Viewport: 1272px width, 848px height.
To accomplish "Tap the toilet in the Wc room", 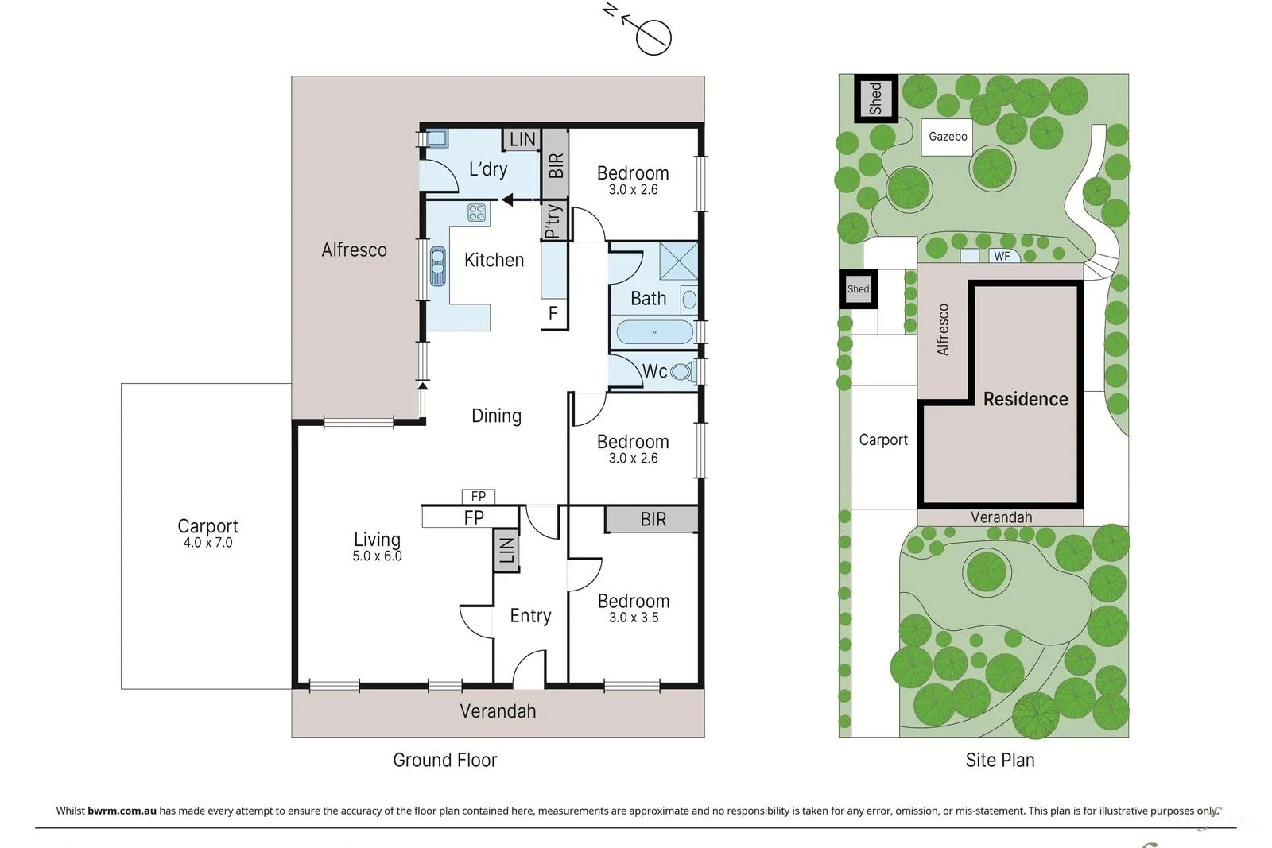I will click(681, 371).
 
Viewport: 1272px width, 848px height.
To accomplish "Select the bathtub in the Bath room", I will click(654, 331).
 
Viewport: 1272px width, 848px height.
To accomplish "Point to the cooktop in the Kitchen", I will click(476, 212).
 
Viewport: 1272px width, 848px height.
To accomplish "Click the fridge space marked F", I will click(553, 314).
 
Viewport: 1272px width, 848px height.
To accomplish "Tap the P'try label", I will click(553, 221).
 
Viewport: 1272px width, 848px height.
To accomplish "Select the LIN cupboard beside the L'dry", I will click(522, 140).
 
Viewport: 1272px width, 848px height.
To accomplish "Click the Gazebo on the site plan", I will click(948, 137).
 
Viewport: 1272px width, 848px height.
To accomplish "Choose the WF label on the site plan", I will click(1002, 256).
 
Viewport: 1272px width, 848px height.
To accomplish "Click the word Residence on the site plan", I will click(1026, 399).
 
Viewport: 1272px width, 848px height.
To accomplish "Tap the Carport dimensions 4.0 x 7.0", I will click(207, 543).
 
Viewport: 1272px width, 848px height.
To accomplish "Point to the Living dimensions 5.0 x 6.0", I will click(377, 556).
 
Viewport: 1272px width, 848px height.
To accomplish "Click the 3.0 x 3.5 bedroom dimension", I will click(634, 618).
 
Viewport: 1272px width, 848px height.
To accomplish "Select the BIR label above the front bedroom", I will click(653, 519).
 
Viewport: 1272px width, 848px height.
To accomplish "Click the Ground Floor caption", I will click(444, 760).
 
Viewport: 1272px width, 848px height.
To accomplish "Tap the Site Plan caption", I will click(999, 760).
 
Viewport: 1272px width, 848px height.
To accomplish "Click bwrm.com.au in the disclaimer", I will click(122, 811).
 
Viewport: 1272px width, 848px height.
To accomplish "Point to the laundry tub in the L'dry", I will click(437, 138).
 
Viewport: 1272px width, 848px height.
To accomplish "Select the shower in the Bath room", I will click(678, 261).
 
